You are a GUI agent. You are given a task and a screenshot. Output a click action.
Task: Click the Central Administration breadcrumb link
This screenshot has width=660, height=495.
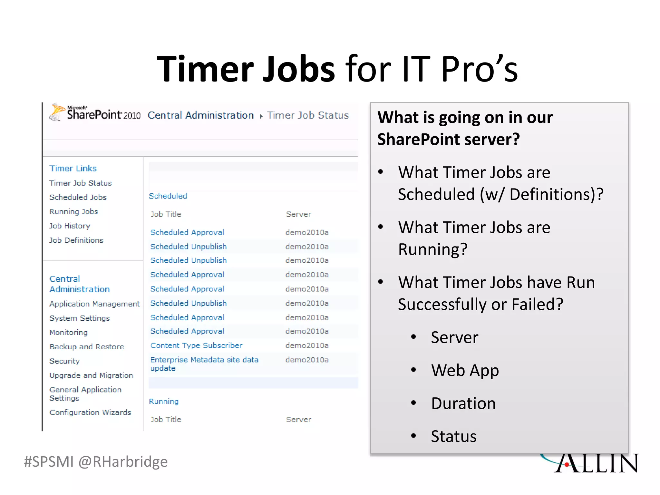coord(200,115)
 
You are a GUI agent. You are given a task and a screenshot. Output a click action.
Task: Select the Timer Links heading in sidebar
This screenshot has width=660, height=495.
coord(73,168)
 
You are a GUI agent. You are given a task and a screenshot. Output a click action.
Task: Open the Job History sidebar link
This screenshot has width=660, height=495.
coord(70,226)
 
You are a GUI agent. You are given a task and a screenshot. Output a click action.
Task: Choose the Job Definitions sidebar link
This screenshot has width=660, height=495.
coord(76,240)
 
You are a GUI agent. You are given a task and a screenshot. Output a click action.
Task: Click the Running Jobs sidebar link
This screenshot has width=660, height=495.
coord(73,211)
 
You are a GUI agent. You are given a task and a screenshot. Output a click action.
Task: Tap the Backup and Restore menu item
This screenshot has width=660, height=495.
coord(87,347)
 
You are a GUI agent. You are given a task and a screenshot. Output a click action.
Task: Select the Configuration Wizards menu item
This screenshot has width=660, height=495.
coord(90,412)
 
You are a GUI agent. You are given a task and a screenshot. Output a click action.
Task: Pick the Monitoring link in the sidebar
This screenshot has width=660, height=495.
coord(68,332)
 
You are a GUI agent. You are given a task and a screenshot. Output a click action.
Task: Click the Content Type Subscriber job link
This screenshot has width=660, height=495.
coord(196,345)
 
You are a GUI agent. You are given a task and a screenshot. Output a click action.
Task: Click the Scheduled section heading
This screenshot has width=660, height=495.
coord(168,196)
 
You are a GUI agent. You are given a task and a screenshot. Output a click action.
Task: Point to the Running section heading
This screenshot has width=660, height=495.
coord(164,401)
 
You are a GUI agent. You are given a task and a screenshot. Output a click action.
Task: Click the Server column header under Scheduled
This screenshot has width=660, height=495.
coord(298,214)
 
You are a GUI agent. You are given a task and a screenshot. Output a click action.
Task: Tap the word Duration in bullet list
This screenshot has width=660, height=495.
coord(463,403)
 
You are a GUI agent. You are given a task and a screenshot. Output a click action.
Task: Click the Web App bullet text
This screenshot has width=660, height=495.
coord(465,370)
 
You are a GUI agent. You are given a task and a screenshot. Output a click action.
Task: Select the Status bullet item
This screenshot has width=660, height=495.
coord(453,436)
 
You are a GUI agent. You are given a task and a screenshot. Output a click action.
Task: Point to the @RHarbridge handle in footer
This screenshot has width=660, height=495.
coord(123,462)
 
